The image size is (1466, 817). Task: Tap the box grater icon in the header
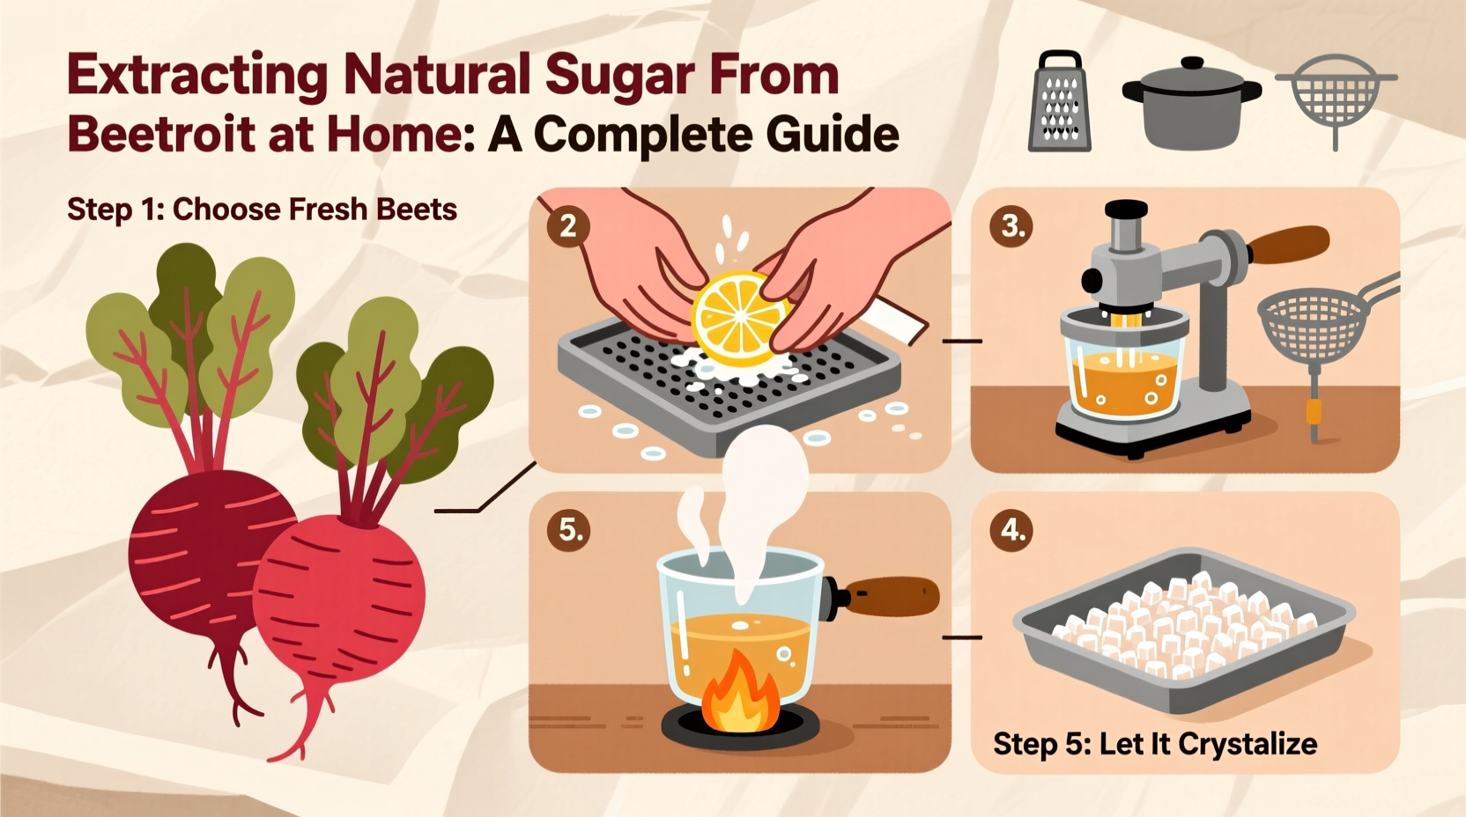coord(1060,102)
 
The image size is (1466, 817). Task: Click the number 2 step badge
coord(568,226)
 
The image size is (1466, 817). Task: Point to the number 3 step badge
coord(1011,226)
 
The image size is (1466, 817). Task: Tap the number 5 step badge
coord(568,530)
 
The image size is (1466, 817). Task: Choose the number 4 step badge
coord(1011,530)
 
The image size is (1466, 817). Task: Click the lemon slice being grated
coord(738,318)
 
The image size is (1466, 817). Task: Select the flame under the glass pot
coord(740,690)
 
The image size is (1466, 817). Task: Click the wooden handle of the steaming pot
coord(892,596)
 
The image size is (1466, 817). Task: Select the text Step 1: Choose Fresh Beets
coord(262,210)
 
